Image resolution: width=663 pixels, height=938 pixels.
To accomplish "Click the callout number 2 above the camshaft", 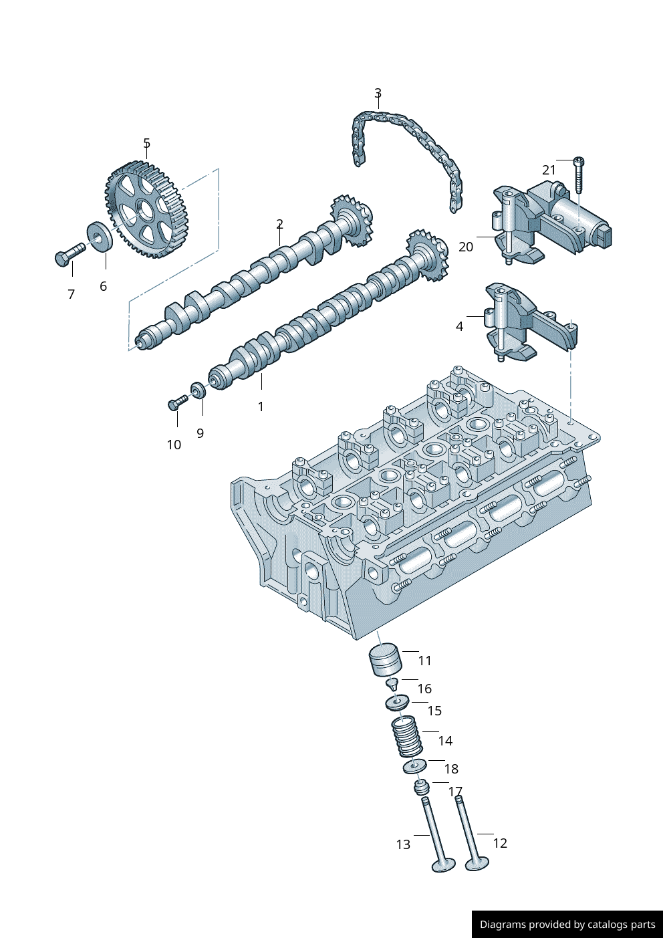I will (x=279, y=224).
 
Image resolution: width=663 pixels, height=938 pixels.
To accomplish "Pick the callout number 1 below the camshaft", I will (x=261, y=406).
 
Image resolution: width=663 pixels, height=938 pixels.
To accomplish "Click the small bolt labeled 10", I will (x=178, y=402).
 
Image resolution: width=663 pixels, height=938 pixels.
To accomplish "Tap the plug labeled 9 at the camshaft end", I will (x=198, y=389).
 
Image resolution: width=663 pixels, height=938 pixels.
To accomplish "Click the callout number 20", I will (x=466, y=247).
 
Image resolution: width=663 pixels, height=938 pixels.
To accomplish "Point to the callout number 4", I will (x=459, y=326).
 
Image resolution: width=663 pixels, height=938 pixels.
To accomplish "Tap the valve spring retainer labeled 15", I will (x=397, y=703).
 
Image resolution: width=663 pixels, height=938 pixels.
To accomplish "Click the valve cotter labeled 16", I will (x=392, y=683).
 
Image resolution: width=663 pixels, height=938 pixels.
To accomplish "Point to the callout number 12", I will (x=500, y=843).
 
